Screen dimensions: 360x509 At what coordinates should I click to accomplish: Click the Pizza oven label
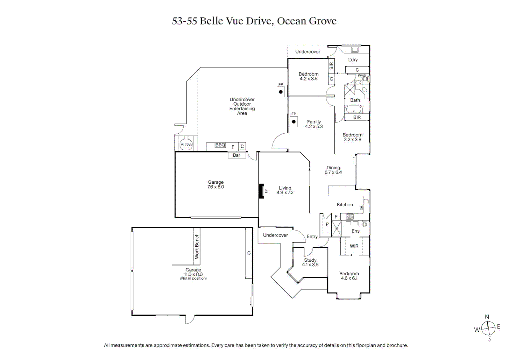click(186, 145)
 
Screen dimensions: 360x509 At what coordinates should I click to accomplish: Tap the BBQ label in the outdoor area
click(220, 145)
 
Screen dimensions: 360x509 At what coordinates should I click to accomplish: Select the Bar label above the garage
click(237, 155)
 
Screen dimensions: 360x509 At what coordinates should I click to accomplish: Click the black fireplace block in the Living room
click(261, 191)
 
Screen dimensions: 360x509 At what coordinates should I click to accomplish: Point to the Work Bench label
click(197, 246)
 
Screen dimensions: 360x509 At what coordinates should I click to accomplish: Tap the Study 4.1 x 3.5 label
click(310, 262)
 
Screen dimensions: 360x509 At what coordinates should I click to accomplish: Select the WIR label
click(354, 246)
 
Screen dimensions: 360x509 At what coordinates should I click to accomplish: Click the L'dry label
click(353, 60)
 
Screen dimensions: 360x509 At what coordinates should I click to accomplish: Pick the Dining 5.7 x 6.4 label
click(333, 170)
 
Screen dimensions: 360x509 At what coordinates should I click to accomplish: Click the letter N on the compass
click(487, 317)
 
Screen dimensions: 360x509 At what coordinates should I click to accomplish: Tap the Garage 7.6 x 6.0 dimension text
click(216, 187)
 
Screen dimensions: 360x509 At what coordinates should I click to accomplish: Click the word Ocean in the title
click(291, 21)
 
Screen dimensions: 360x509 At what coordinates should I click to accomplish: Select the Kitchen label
click(345, 205)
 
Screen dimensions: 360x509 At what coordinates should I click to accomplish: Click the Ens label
click(355, 231)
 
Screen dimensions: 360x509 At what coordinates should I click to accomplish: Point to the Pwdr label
click(362, 75)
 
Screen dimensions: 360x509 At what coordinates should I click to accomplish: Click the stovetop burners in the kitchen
click(350, 216)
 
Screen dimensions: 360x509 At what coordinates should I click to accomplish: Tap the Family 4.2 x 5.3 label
click(314, 124)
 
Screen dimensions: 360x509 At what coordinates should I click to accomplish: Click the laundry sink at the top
click(355, 50)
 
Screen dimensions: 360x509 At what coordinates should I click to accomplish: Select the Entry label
click(312, 236)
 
